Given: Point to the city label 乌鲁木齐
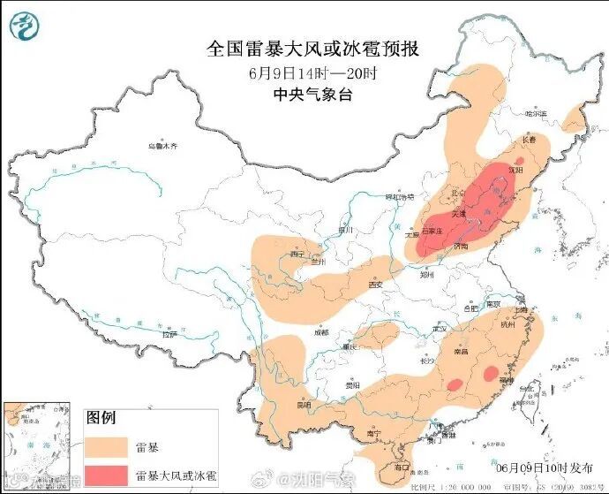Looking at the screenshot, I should pyautogui.click(x=162, y=145).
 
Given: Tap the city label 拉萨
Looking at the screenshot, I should pyautogui.click(x=169, y=334).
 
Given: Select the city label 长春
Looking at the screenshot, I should pyautogui.click(x=528, y=140).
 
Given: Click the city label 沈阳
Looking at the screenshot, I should pyautogui.click(x=516, y=168).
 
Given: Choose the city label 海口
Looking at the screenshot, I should pyautogui.click(x=402, y=466).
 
